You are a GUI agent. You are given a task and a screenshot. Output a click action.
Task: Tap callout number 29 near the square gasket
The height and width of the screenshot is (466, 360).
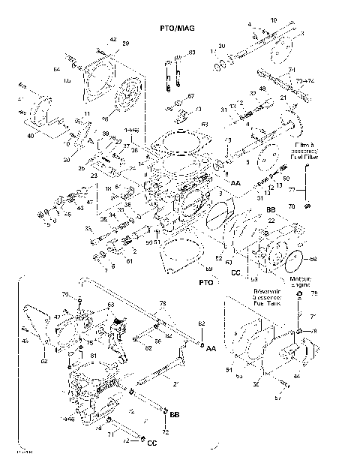tap(125, 44)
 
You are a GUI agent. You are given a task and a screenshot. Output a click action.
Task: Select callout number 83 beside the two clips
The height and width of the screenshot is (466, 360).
tap(191, 53)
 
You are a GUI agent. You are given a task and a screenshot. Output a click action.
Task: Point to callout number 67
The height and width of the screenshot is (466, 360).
tap(190, 96)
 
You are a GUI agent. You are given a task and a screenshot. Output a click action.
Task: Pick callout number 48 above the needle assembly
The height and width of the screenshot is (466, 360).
tap(262, 89)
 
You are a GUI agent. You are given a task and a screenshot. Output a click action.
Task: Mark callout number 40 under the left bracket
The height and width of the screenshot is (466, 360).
tap(31, 136)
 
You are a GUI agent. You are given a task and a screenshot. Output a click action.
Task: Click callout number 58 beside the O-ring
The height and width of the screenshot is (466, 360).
tap(313, 260)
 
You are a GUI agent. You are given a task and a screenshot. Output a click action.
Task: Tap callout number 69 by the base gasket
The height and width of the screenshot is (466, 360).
tap(209, 269)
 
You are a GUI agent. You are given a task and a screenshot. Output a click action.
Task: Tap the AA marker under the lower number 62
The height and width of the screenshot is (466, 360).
tap(211, 350)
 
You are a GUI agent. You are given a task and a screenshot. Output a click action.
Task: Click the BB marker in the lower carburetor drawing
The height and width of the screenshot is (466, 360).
tap(175, 413)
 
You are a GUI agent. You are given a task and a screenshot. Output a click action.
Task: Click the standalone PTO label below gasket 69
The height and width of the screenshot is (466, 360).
tap(205, 284)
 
